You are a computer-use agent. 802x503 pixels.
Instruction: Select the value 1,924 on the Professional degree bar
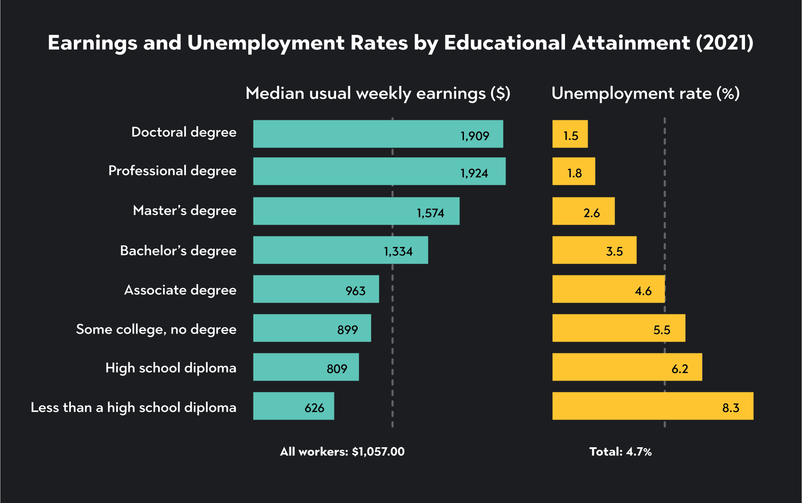(x=474, y=173)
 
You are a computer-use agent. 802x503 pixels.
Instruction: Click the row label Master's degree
(x=185, y=210)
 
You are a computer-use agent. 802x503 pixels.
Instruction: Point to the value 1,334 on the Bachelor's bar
(x=398, y=251)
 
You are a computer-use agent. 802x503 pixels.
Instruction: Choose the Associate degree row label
(x=180, y=290)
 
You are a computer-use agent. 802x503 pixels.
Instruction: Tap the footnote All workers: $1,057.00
(x=342, y=451)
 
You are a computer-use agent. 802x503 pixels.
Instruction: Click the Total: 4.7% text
(x=620, y=451)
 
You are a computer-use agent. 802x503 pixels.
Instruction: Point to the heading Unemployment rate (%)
(x=645, y=93)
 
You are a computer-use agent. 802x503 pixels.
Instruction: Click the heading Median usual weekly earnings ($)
(x=378, y=93)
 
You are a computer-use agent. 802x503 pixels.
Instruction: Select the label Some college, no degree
(x=156, y=329)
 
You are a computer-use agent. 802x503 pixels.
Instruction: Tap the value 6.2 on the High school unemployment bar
(x=680, y=368)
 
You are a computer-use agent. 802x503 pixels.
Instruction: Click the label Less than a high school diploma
(x=133, y=407)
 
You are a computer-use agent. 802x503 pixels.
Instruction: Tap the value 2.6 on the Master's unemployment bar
(x=591, y=213)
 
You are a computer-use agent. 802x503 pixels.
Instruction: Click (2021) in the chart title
(x=724, y=43)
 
